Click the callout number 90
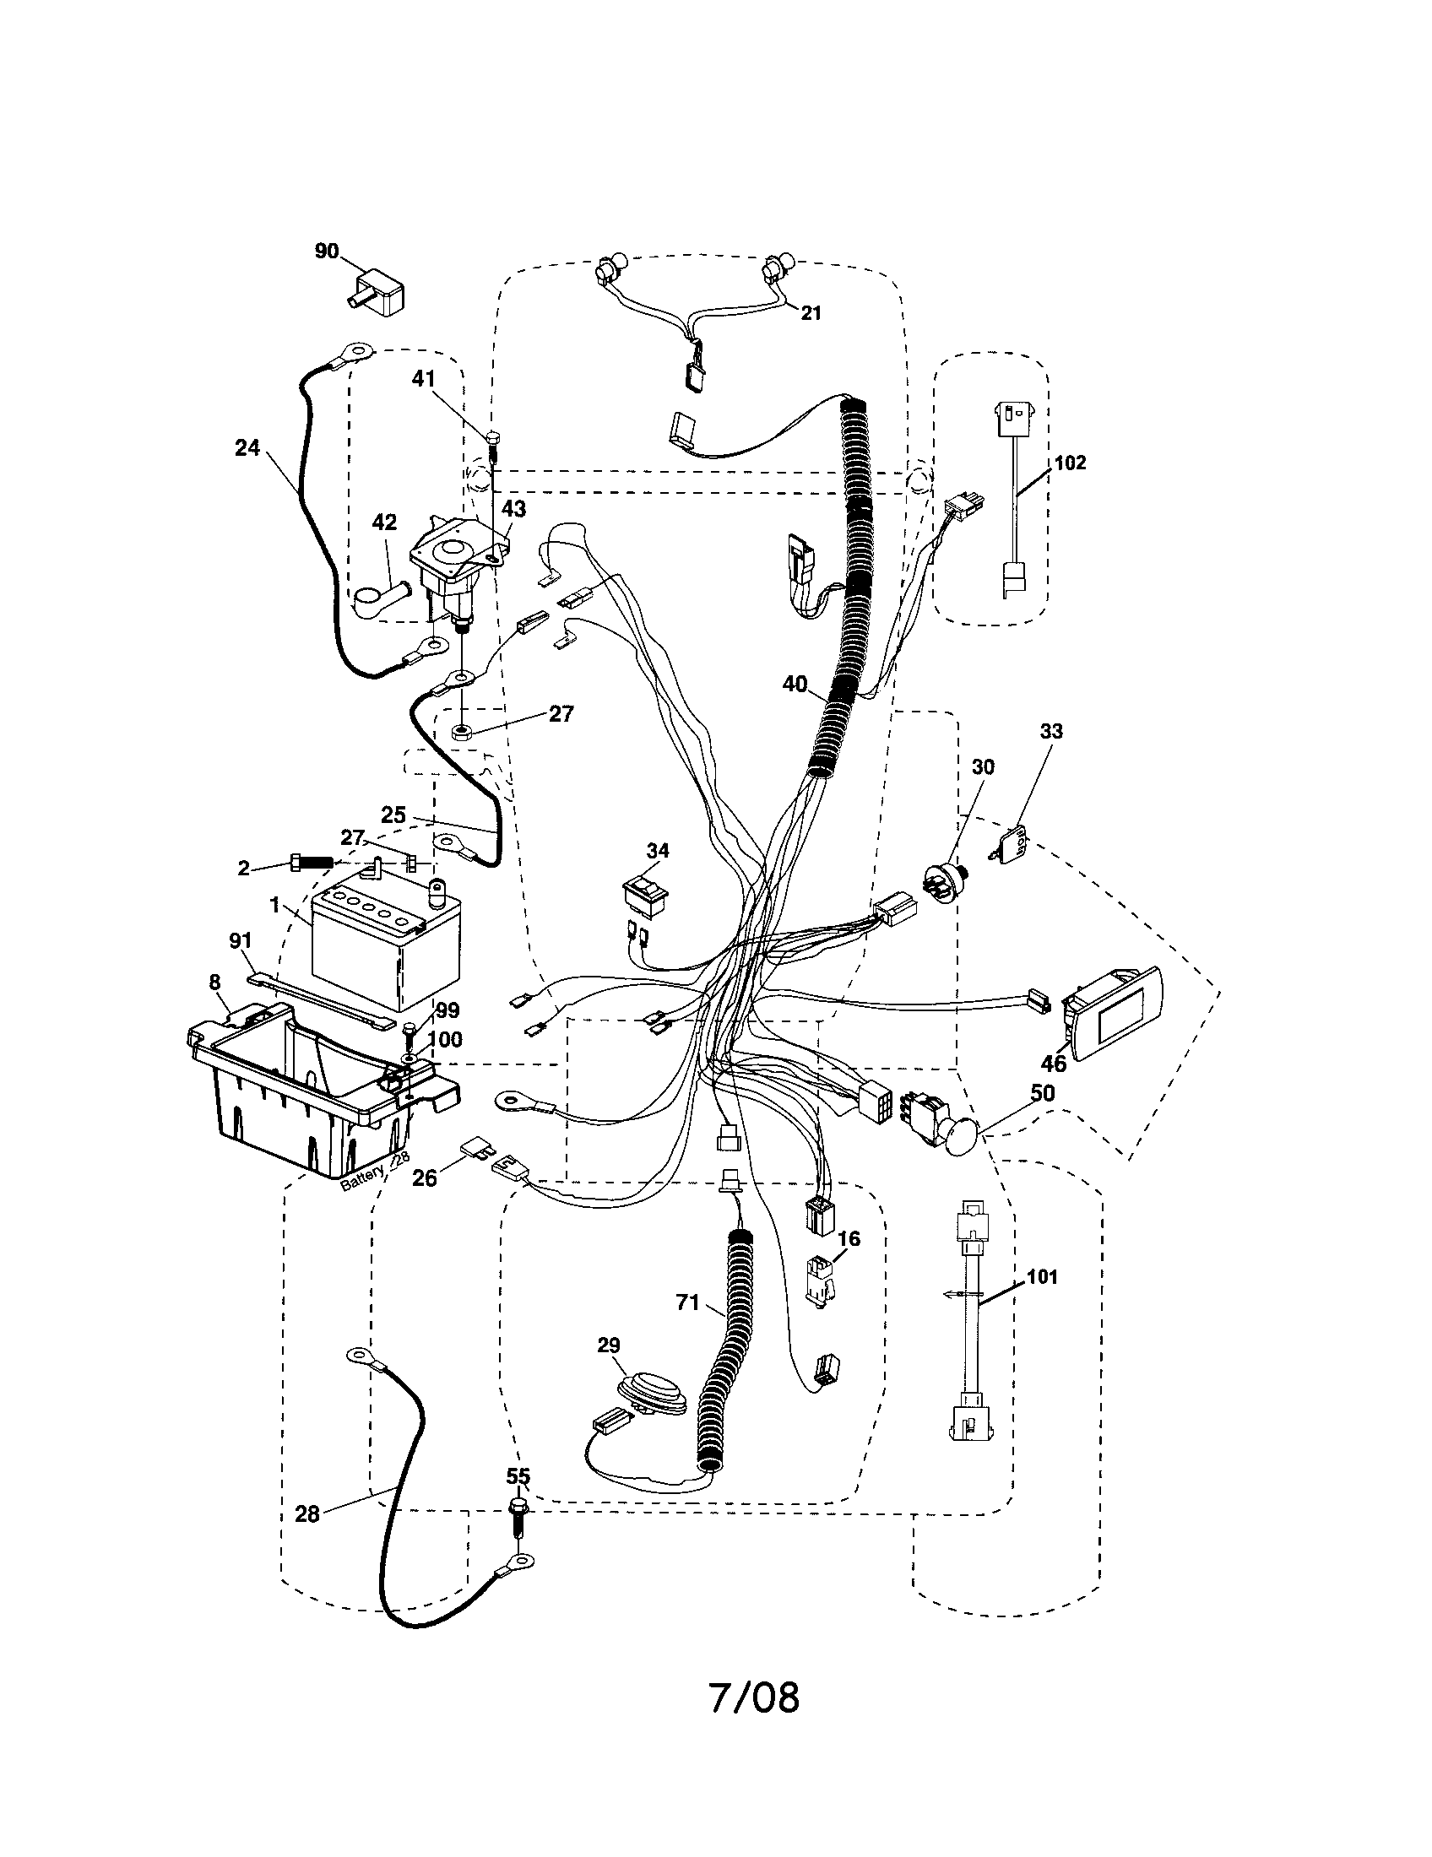(x=327, y=252)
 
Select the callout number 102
(x=1070, y=463)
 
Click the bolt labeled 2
(x=312, y=861)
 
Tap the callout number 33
(x=1051, y=731)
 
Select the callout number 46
(x=1054, y=1064)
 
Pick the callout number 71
(x=687, y=1302)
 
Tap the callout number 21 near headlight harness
(x=811, y=313)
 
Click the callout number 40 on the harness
(x=795, y=684)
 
